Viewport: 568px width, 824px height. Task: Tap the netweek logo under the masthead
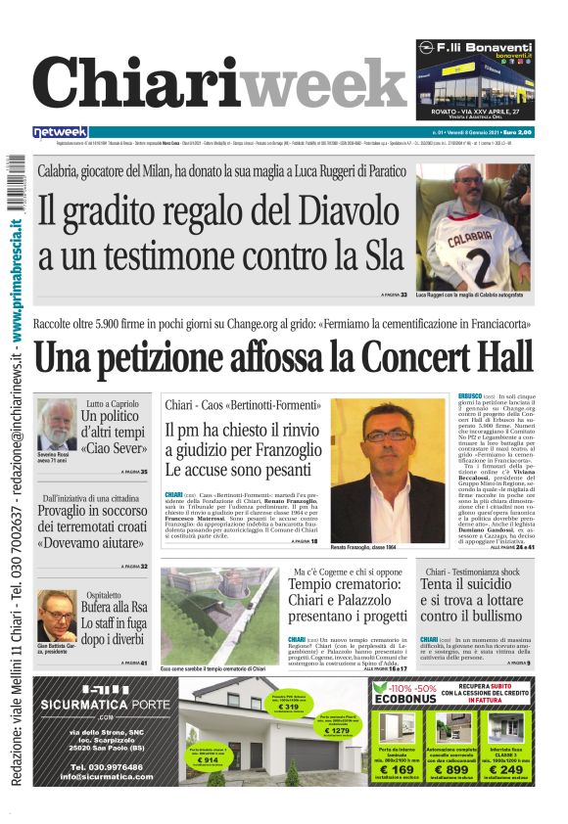click(x=60, y=131)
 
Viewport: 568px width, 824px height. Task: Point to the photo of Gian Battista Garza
click(x=57, y=615)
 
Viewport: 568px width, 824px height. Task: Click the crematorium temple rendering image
click(x=219, y=615)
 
